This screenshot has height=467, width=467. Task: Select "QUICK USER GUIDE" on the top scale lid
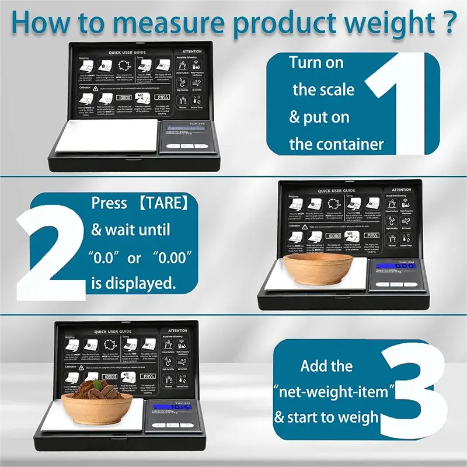click(122, 52)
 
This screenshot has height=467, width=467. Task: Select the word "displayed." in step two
click(141, 284)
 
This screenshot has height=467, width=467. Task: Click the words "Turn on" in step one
click(316, 62)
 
